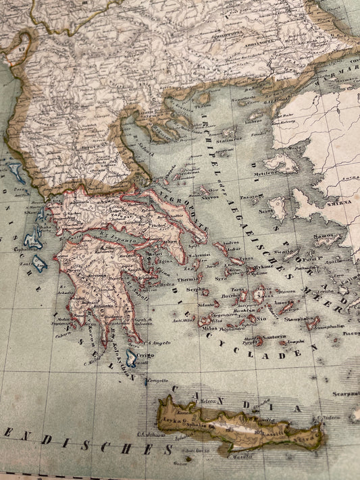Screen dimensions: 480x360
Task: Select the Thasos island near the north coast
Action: tap(203, 97)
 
